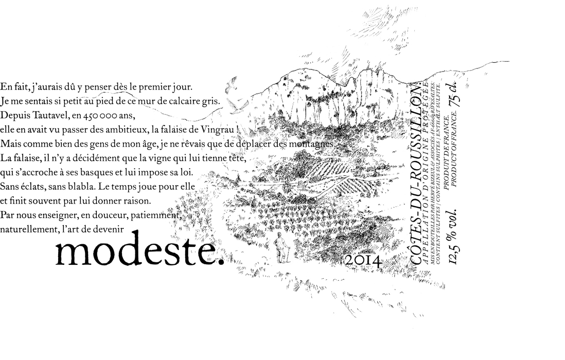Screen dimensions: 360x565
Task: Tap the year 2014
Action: (x=363, y=260)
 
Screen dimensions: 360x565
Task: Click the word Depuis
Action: (x=15, y=114)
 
